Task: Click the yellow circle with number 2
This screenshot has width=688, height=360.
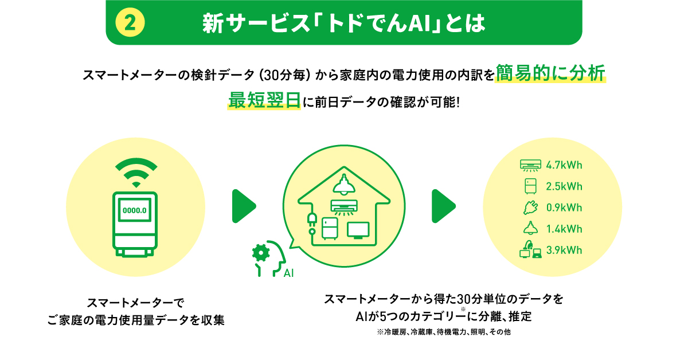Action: (130, 22)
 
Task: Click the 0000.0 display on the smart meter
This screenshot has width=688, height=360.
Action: (135, 210)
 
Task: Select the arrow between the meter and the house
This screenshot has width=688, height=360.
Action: (244, 206)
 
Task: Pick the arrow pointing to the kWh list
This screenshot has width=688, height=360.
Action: (444, 206)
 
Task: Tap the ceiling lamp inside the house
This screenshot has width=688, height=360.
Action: (344, 185)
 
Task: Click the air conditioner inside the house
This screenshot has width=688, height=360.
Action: (344, 207)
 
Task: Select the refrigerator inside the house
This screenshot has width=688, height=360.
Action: (330, 229)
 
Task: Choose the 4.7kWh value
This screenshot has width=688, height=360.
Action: (564, 165)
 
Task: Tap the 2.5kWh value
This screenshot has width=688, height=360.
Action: (564, 186)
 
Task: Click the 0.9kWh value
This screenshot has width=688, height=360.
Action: (564, 208)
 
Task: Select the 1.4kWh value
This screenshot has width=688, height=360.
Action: (564, 229)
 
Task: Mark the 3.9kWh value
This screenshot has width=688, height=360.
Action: (564, 250)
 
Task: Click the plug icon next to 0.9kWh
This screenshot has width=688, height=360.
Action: (530, 208)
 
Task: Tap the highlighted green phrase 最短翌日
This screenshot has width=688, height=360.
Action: (264, 100)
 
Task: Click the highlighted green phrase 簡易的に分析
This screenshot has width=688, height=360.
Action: (550, 73)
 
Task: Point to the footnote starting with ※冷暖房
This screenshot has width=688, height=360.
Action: (444, 332)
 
